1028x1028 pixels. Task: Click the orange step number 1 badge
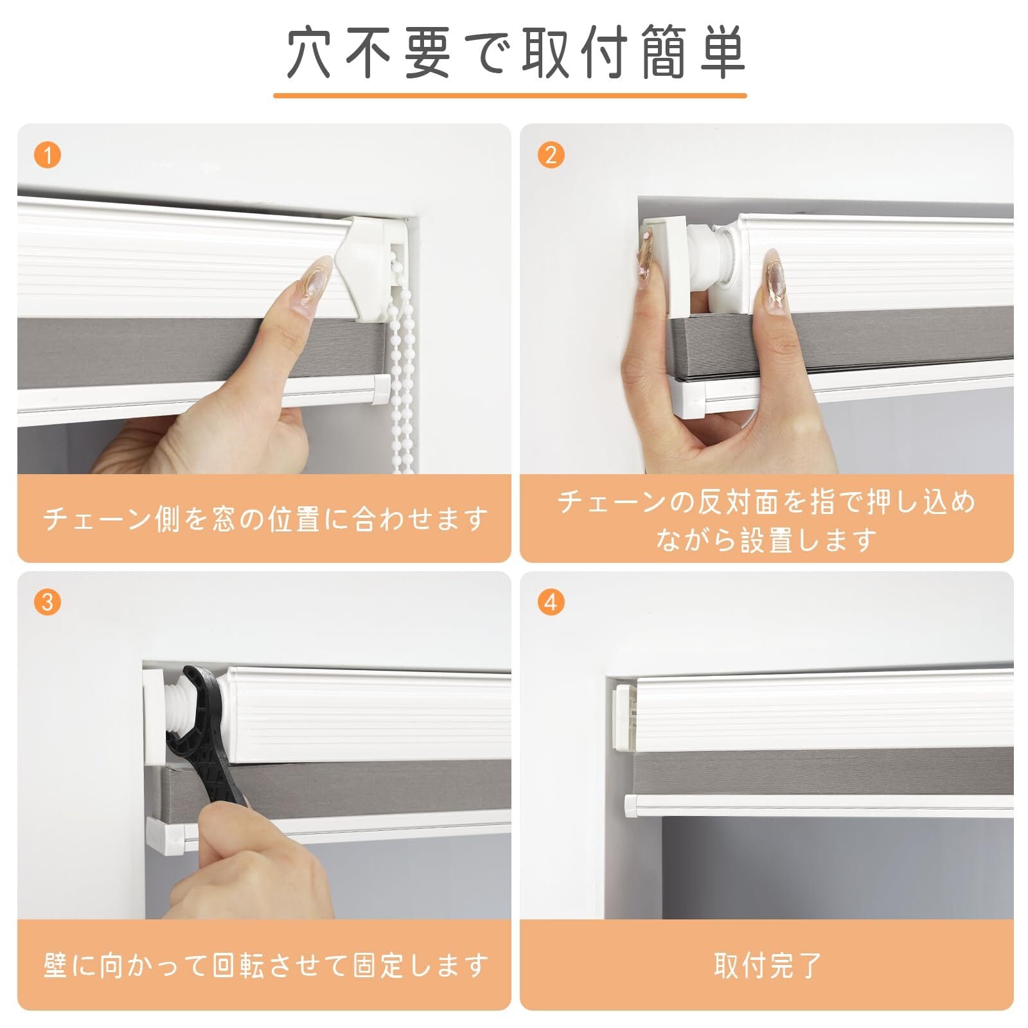(x=48, y=155)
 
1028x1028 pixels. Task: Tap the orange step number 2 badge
(x=551, y=155)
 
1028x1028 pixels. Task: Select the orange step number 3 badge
(x=48, y=602)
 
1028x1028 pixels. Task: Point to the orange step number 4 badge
(x=551, y=602)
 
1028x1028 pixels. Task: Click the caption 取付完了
(x=767, y=965)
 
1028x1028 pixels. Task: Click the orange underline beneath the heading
(x=510, y=96)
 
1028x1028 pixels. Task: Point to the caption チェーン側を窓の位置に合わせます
(x=265, y=518)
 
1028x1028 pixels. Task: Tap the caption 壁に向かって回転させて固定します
(x=265, y=965)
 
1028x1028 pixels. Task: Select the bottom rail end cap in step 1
(x=378, y=390)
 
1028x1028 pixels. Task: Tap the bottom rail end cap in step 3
(x=168, y=835)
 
